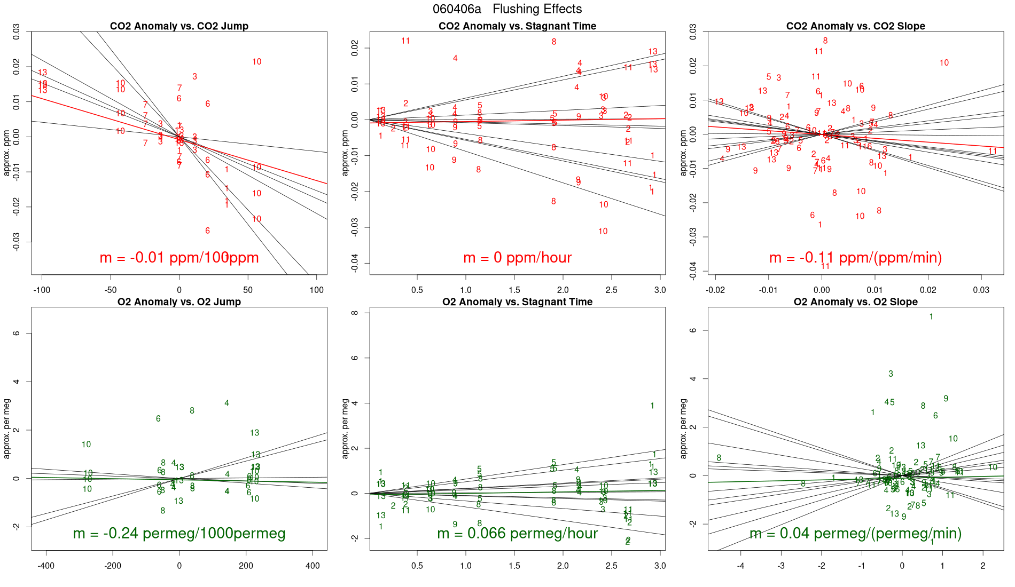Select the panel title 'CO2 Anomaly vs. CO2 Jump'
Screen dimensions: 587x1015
click(179, 26)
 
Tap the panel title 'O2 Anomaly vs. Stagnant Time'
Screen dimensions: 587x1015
click(517, 302)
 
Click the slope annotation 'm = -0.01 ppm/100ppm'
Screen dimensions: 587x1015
click(179, 258)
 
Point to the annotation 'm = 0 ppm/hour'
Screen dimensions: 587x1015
click(517, 258)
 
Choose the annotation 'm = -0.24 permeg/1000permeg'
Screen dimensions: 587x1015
click(179, 533)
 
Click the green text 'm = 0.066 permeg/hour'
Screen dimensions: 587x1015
click(517, 533)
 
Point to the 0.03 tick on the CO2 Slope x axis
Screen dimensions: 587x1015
click(981, 290)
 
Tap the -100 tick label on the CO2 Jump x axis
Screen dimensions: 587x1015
click(42, 290)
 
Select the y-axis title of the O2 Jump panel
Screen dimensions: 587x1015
click(7, 429)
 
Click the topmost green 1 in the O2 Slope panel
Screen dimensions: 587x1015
click(931, 317)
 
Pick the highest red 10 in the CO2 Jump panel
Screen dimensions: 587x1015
click(257, 62)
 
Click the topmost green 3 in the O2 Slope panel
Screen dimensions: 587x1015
click(891, 374)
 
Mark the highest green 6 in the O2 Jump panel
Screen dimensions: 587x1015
click(158, 419)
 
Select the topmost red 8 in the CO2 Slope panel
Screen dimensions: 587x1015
click(825, 41)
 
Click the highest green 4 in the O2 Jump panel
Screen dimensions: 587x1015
click(227, 403)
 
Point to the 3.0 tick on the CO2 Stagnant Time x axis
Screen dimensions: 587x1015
click(660, 290)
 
